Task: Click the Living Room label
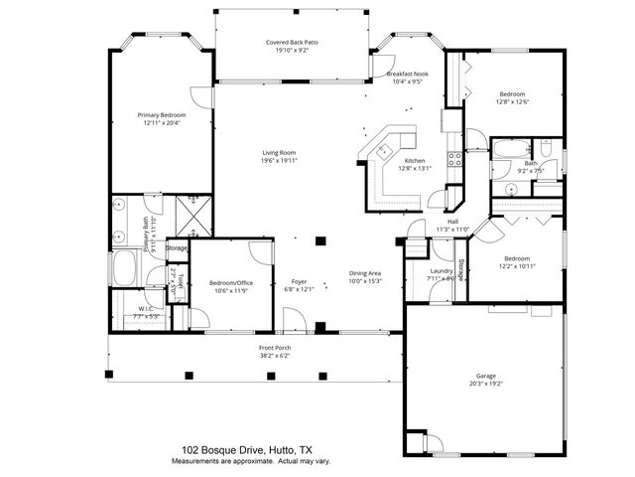[279, 152]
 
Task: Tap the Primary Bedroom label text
[161, 115]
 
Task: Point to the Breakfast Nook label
[406, 75]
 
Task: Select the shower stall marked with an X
[190, 215]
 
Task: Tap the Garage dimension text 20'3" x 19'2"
[485, 384]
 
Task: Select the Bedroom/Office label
[231, 282]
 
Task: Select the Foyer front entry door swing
[294, 321]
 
